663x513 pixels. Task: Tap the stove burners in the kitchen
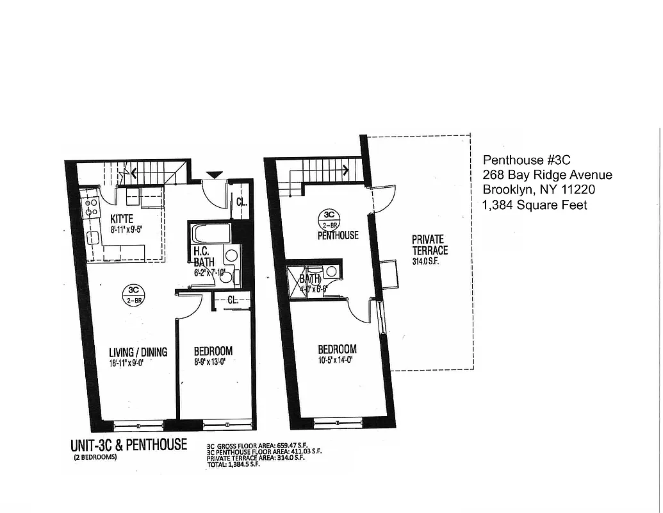(90, 206)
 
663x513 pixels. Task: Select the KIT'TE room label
(121, 219)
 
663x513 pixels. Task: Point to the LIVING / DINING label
(138, 352)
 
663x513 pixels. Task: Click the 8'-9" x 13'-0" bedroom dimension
(213, 362)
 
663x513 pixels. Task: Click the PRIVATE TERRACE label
(430, 245)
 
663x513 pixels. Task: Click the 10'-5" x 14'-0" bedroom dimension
(337, 360)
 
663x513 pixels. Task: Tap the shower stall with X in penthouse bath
(295, 280)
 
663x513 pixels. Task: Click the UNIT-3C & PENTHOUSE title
(128, 444)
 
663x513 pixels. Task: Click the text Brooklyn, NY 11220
(539, 190)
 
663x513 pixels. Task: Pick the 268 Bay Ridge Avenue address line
(547, 175)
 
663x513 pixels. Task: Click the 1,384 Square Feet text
(535, 205)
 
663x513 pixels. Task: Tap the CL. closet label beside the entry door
(242, 201)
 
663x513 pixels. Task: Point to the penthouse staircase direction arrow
(344, 170)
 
